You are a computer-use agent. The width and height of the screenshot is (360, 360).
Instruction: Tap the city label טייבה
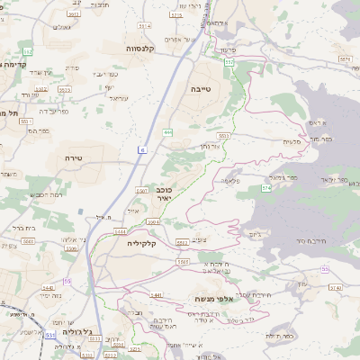[x=199, y=90]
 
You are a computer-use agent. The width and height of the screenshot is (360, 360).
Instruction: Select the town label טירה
[x=74, y=157]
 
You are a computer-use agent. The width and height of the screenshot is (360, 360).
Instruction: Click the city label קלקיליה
[x=142, y=243]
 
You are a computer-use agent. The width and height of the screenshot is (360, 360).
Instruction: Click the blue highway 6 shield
[x=142, y=148]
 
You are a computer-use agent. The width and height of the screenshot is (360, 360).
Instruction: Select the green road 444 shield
[x=168, y=132]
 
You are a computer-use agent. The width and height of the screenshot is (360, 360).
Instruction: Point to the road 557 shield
[x=229, y=62]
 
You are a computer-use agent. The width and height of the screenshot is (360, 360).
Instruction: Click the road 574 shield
[x=266, y=188]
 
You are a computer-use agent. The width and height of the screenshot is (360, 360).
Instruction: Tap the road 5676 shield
[x=346, y=59]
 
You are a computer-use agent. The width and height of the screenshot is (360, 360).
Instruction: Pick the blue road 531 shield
[x=50, y=334]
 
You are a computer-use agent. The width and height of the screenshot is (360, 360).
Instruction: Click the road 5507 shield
[x=142, y=191]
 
